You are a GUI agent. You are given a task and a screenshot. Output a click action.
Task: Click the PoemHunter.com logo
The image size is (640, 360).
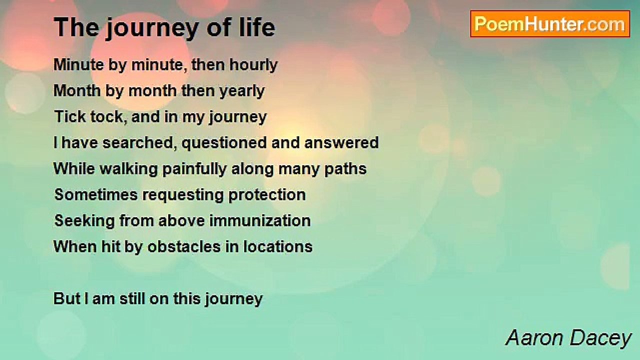click(550, 24)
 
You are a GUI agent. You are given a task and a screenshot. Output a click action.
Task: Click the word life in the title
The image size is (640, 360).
click(257, 27)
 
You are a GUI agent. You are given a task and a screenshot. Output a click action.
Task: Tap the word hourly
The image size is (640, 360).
click(253, 65)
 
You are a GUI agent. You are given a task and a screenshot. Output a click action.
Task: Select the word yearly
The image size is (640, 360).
click(242, 91)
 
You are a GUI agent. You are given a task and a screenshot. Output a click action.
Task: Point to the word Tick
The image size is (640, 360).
click(70, 116)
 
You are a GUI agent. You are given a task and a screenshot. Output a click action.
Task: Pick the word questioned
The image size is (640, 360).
click(224, 143)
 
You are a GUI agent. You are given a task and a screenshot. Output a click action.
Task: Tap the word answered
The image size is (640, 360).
click(341, 142)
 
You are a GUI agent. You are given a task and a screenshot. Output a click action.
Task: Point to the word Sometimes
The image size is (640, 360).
click(96, 194)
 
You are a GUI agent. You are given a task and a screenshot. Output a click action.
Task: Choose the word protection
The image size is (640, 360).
click(267, 195)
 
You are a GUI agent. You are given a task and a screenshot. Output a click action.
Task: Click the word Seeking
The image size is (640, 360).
click(84, 221)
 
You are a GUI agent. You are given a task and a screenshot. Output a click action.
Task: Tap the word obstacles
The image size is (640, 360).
click(184, 246)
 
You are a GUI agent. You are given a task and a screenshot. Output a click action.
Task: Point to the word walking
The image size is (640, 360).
click(128, 169)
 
